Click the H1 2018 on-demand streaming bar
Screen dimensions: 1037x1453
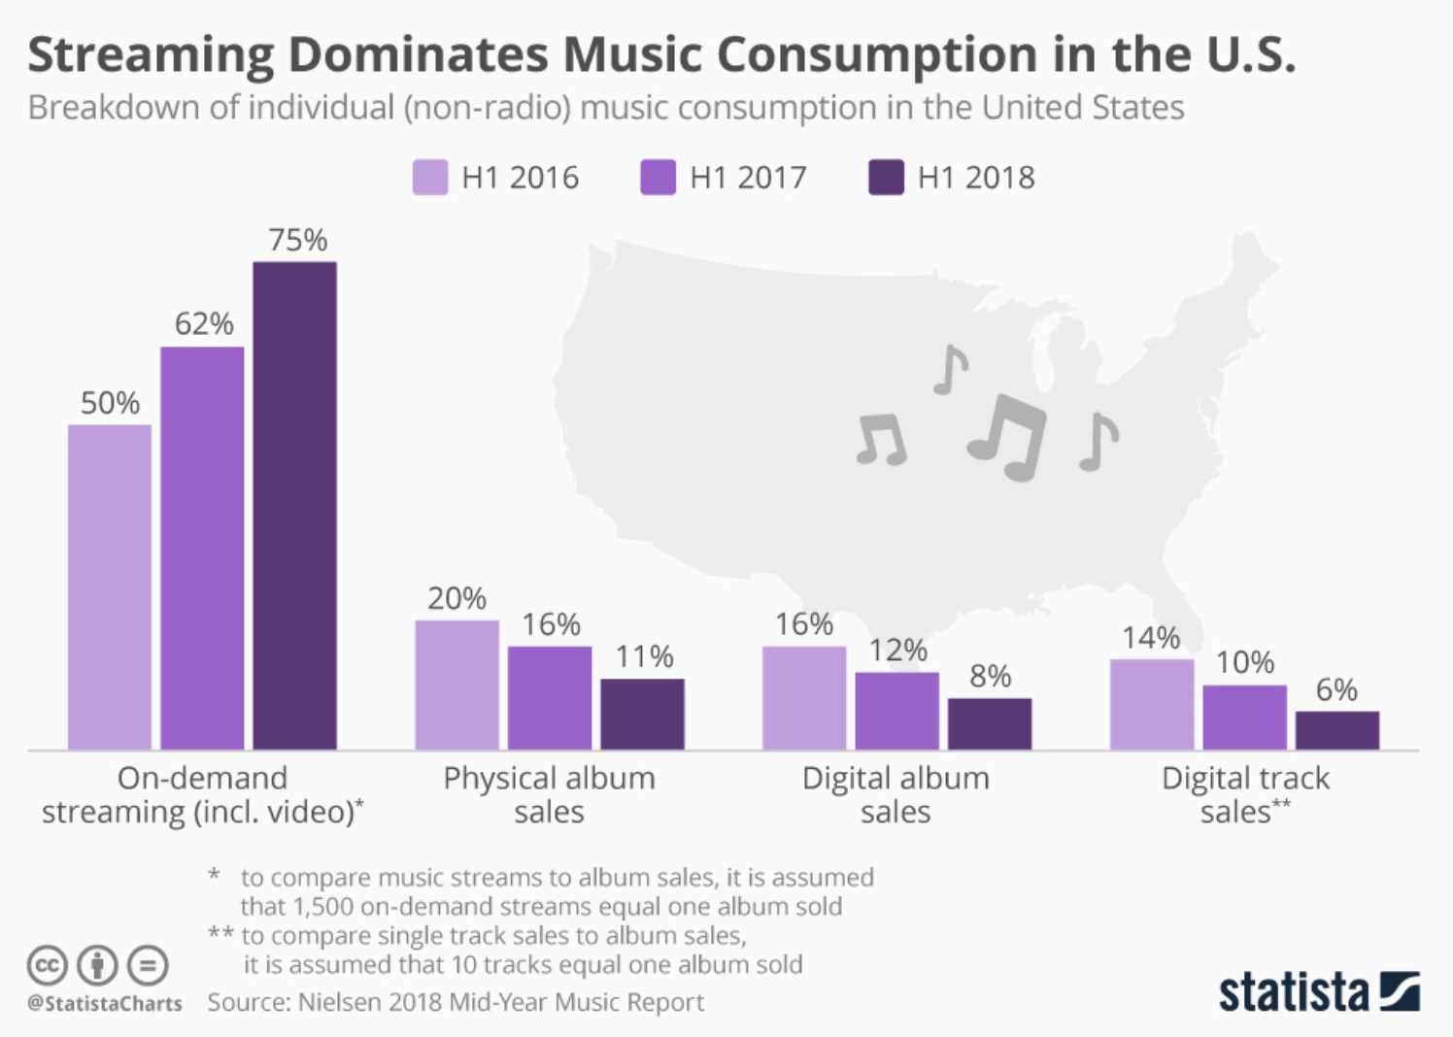[x=294, y=505]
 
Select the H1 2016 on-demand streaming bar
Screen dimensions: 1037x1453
[x=109, y=586]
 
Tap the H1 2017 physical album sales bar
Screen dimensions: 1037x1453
[x=549, y=697]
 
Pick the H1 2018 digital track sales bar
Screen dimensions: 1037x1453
[x=1336, y=730]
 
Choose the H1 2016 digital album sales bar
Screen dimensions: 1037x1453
[x=803, y=697]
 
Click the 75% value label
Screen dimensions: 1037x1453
[x=297, y=240]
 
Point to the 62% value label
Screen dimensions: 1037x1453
[x=204, y=323]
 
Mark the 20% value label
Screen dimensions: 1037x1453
[x=456, y=598]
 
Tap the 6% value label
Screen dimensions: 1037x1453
[x=1336, y=689]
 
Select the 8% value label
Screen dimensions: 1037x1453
[x=990, y=676]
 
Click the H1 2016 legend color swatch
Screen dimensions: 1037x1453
[x=430, y=178]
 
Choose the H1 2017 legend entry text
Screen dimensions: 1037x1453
[x=748, y=178]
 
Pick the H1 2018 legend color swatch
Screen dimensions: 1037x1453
[x=886, y=178]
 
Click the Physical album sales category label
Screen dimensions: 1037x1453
[x=549, y=794]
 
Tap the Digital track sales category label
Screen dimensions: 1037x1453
[x=1245, y=794]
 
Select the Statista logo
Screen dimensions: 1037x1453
[x=1318, y=991]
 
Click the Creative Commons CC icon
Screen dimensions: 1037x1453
[x=47, y=965]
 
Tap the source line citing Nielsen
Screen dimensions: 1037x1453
[x=456, y=1002]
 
